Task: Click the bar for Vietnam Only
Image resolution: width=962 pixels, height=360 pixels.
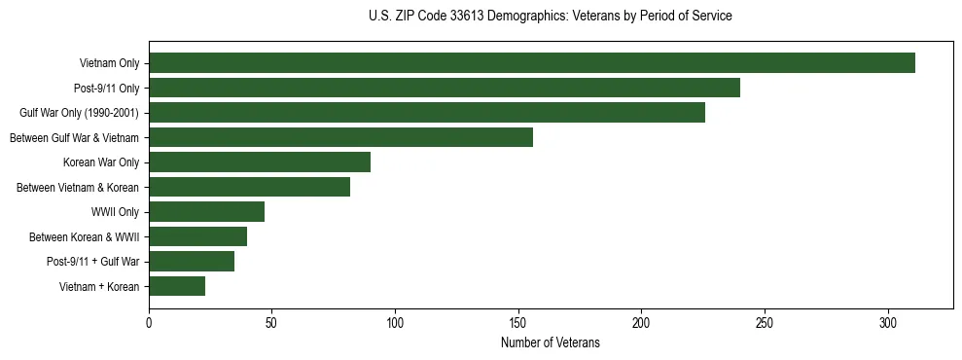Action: click(532, 63)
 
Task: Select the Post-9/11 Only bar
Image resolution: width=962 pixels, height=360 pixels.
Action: click(445, 88)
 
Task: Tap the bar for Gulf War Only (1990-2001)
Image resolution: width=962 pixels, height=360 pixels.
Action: click(427, 113)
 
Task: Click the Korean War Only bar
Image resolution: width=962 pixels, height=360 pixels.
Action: click(260, 162)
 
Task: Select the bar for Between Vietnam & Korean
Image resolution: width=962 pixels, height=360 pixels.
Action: click(250, 187)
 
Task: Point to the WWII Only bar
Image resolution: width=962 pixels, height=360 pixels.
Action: click(207, 211)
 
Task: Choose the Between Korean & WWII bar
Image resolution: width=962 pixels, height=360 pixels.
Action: click(198, 236)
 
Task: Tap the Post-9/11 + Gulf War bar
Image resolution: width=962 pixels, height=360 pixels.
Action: click(192, 261)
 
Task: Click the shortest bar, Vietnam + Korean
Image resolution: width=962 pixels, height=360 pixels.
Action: click(177, 286)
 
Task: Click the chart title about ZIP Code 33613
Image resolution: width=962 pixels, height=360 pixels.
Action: click(551, 17)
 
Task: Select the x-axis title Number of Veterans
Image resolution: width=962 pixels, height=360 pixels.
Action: click(551, 343)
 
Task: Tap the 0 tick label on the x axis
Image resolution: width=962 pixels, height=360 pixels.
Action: click(149, 323)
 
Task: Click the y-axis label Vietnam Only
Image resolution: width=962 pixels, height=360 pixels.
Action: click(109, 64)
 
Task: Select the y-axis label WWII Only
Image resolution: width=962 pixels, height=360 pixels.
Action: click(115, 212)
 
